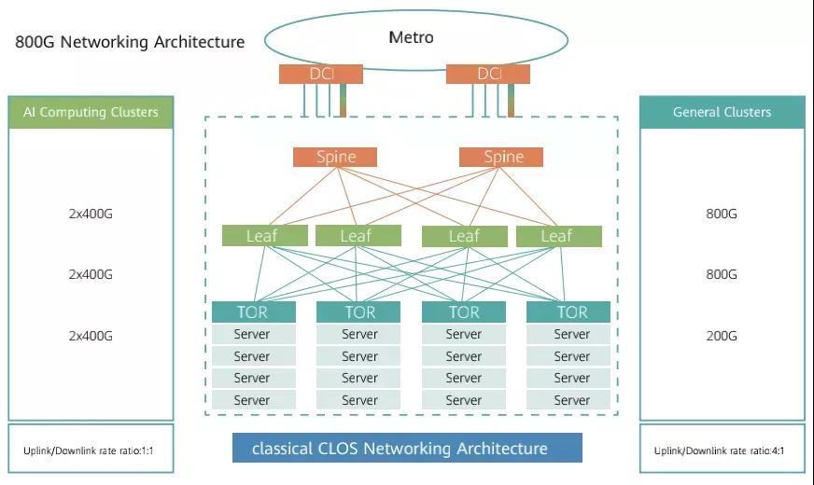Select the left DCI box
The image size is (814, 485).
(321, 74)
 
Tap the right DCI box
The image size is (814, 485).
(488, 74)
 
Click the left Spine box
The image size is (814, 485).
(335, 157)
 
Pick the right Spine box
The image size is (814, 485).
(501, 157)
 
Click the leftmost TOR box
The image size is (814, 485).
(253, 312)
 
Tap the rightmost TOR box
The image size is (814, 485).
(568, 312)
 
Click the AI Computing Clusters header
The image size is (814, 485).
(91, 112)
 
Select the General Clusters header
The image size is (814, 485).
(722, 112)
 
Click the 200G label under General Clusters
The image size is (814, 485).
(722, 336)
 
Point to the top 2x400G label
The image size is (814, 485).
(91, 214)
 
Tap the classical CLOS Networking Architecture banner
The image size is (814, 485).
(407, 449)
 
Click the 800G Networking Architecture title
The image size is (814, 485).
(130, 42)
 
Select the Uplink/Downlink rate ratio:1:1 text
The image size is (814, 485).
(88, 451)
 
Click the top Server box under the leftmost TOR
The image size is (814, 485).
(253, 334)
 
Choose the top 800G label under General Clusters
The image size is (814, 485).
(722, 214)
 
